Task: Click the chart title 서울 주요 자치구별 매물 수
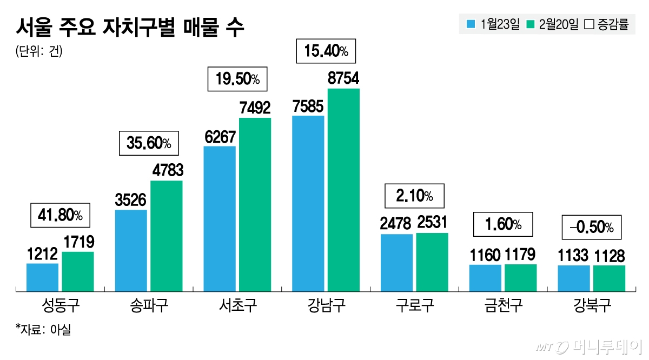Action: pyautogui.click(x=130, y=27)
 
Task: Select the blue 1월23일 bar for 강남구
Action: pyautogui.click(x=308, y=203)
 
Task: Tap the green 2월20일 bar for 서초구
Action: pyautogui.click(x=255, y=204)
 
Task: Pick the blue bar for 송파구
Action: pyautogui.click(x=131, y=250)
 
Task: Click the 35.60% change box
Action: pyautogui.click(x=148, y=143)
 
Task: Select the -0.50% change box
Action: pyautogui.click(x=592, y=226)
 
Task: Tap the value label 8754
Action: pyautogui.click(x=343, y=79)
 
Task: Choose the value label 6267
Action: pyautogui.click(x=220, y=137)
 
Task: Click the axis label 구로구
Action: pyautogui.click(x=414, y=306)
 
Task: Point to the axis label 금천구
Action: pyautogui.click(x=503, y=306)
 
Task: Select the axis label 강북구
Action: pyautogui.click(x=592, y=306)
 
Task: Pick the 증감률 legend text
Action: pyautogui.click(x=613, y=24)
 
